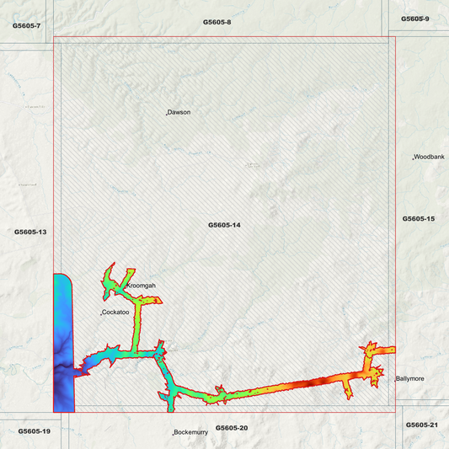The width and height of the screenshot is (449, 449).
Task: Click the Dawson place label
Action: (x=179, y=112)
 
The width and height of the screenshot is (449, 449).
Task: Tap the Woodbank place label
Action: (x=430, y=158)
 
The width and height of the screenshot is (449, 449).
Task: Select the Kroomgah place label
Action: (x=142, y=286)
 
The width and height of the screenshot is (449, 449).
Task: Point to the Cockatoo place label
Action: (x=115, y=313)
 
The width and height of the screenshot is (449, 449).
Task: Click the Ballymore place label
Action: (x=411, y=379)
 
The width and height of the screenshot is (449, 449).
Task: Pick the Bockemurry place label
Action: (x=191, y=432)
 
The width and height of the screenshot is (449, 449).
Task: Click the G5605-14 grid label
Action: (x=225, y=225)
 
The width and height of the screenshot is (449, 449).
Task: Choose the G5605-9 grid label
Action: (x=415, y=19)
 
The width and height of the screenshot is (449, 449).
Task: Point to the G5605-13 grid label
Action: (x=30, y=232)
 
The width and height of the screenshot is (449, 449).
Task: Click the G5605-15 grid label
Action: (x=419, y=218)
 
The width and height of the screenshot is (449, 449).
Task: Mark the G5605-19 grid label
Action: (x=35, y=430)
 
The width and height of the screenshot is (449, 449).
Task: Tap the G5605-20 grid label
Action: (x=232, y=428)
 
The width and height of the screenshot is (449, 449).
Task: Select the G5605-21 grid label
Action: (x=422, y=425)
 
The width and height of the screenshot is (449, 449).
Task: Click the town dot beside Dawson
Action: (x=166, y=113)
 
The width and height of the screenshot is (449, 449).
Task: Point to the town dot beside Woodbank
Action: (x=413, y=158)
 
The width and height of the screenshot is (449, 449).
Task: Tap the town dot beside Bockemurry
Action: (x=173, y=433)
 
